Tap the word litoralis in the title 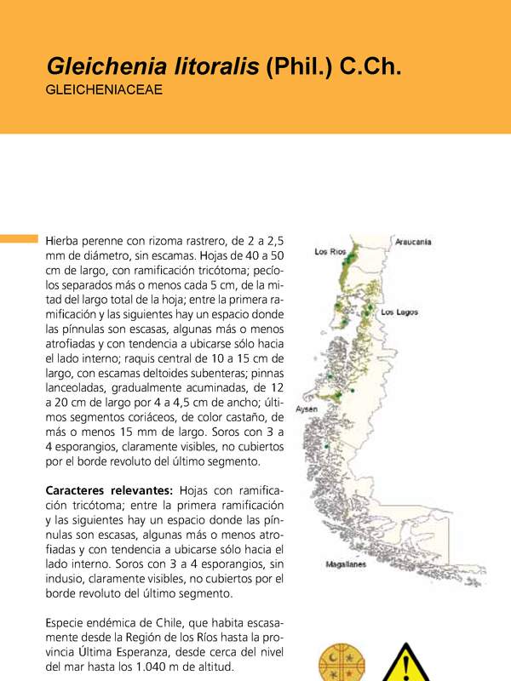coord(215,66)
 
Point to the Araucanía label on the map coord(413,242)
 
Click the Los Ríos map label coord(330,252)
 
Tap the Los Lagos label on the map coord(399,312)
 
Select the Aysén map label coord(307,409)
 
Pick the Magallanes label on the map coord(346,564)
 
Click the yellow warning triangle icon coord(408,665)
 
